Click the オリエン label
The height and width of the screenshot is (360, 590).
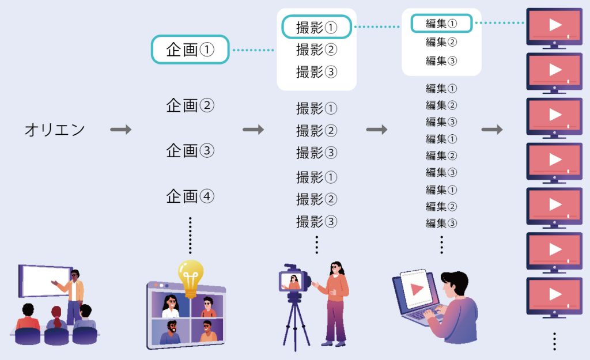coord(55,130)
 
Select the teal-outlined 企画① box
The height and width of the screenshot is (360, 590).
coord(190,50)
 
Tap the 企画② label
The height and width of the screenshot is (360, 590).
coord(190,106)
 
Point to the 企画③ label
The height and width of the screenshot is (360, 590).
coord(190,151)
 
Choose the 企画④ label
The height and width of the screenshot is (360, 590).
coord(190,196)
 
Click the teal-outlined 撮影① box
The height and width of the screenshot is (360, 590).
coord(316,27)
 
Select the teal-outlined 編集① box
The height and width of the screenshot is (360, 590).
coord(441,24)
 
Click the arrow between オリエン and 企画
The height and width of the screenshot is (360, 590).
coord(121,130)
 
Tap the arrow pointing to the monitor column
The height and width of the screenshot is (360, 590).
coord(492,130)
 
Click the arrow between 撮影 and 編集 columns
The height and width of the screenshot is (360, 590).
coord(377,130)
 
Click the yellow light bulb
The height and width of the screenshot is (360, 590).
coord(190,275)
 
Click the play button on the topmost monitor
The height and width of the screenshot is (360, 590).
coord(555,25)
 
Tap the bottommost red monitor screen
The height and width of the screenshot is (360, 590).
coord(554,294)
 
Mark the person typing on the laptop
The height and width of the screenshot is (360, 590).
coord(455,308)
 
